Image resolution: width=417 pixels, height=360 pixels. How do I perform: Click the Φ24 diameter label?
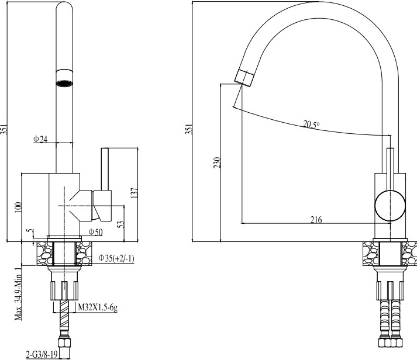click(x=40, y=139)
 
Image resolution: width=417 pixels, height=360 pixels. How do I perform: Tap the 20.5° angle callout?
click(x=311, y=124)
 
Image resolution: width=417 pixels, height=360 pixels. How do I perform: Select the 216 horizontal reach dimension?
click(x=316, y=220)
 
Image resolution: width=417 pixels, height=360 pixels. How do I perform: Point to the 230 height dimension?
click(x=218, y=162)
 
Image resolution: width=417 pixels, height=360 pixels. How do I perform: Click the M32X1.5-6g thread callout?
click(x=98, y=307)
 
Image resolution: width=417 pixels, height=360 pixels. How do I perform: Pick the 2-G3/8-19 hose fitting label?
click(x=42, y=354)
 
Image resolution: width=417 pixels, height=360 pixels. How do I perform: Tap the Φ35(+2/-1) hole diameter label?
click(x=116, y=258)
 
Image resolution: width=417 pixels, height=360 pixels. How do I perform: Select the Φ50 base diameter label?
click(x=95, y=232)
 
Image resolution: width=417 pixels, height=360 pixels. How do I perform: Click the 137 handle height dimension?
click(x=135, y=193)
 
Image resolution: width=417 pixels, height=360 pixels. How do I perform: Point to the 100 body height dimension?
click(x=18, y=207)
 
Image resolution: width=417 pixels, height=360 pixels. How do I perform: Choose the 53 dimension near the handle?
click(x=120, y=224)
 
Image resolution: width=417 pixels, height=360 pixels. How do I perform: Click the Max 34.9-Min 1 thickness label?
click(x=18, y=293)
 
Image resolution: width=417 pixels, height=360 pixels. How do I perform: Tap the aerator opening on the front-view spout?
click(x=64, y=83)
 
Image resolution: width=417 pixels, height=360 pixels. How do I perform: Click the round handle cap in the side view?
click(x=390, y=206)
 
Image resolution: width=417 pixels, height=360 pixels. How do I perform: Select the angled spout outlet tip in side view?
click(x=244, y=78)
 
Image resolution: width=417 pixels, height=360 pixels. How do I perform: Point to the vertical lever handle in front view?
click(x=105, y=169)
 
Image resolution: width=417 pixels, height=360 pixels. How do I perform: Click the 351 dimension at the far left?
click(x=4, y=129)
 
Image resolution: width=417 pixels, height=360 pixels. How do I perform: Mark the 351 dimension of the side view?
click(x=189, y=129)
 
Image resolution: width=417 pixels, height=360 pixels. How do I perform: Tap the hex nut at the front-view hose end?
click(x=64, y=342)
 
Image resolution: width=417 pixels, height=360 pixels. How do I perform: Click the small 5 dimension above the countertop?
click(x=30, y=231)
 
